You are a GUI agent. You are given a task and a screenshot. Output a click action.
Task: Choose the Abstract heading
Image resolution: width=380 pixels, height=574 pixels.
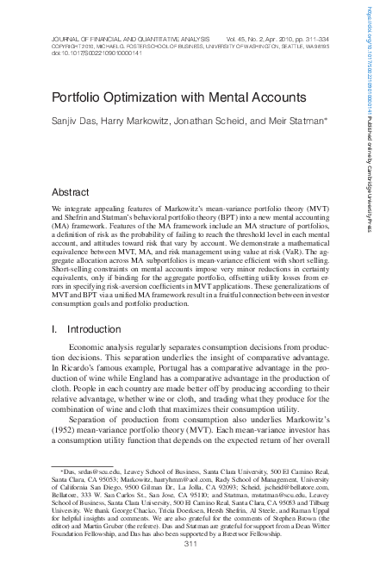71,191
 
